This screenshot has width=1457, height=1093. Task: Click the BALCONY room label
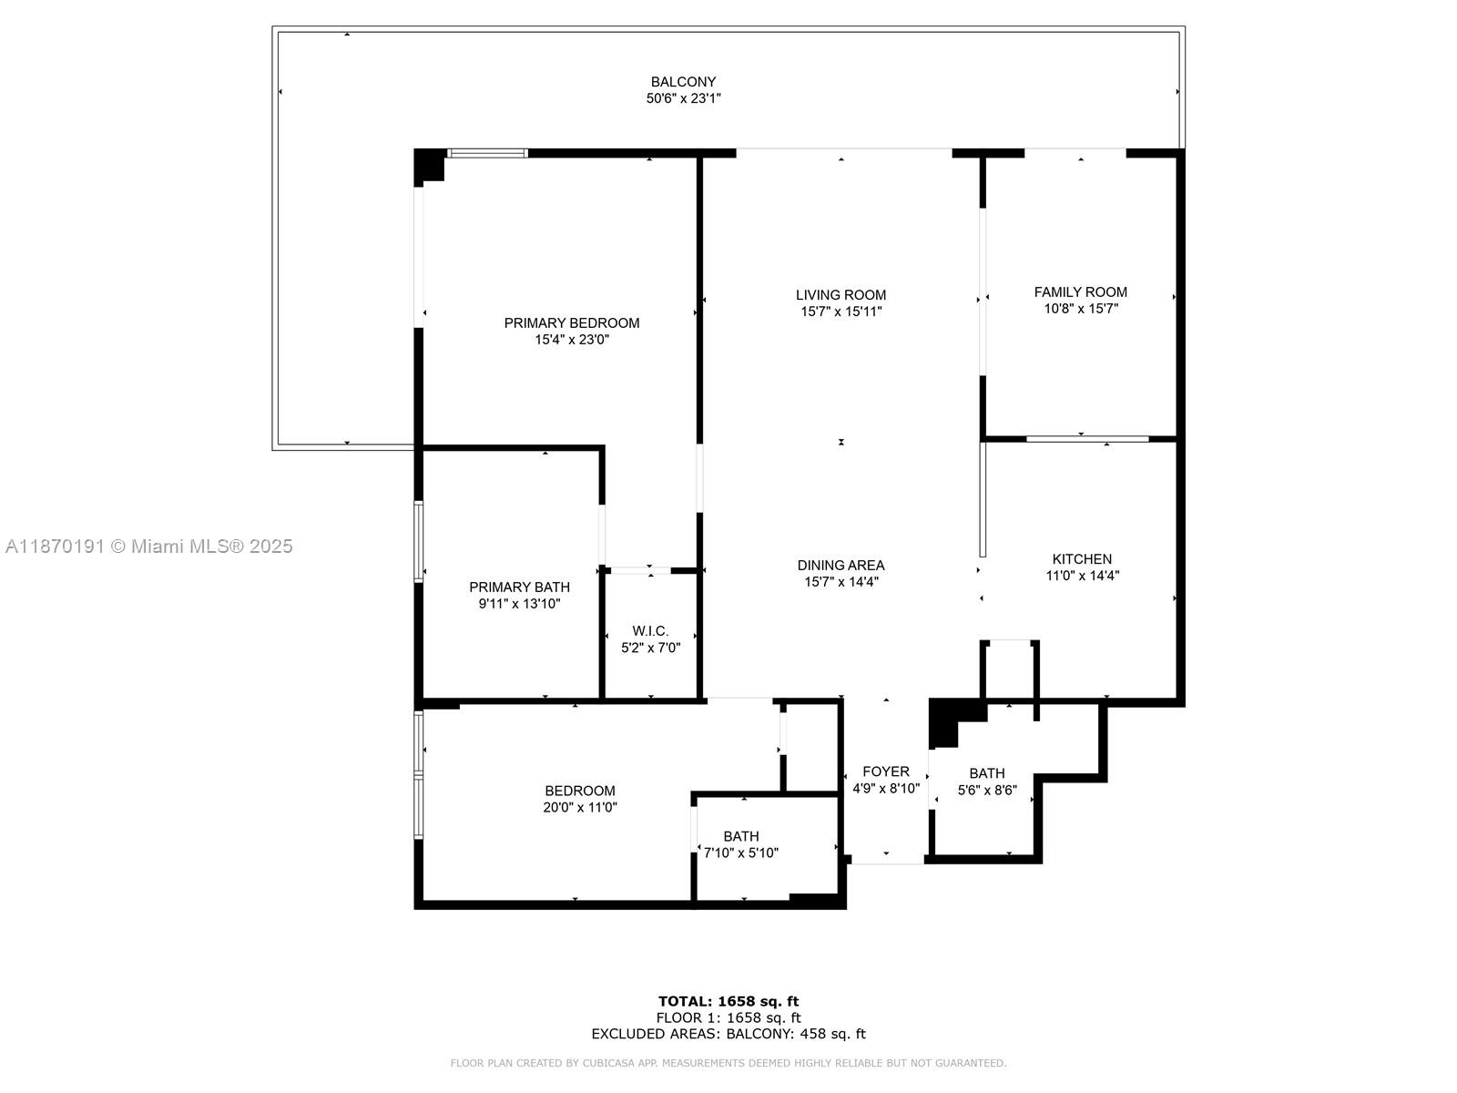coord(683,82)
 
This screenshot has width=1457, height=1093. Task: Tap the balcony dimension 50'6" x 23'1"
coord(683,98)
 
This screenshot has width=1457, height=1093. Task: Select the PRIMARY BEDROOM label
coord(572,322)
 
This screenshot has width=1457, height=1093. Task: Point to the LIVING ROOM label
coord(841,294)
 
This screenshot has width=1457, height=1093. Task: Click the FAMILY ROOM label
coord(1080,291)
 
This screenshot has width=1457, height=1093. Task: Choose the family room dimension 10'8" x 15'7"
coord(1080,309)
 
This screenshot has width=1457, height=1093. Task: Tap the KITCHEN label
coord(1082,558)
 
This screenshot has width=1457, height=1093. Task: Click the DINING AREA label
coord(841,565)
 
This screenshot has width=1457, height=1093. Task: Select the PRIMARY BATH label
coord(519,587)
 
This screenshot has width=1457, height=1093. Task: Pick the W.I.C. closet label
coord(650,630)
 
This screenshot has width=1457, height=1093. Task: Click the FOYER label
coord(886,771)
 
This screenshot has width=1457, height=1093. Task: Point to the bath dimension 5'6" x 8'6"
coord(987,791)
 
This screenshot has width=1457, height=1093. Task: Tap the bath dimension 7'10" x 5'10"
coord(741,853)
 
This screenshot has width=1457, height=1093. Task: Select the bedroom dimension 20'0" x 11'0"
coord(580,807)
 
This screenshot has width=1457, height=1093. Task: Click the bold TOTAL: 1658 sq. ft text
coord(728,1001)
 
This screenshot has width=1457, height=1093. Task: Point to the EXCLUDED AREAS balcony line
coord(728,1034)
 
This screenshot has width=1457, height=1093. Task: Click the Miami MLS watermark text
coord(148,546)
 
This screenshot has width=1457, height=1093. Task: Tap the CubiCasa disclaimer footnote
coord(728,1063)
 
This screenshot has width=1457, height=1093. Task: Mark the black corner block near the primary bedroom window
coord(427,165)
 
